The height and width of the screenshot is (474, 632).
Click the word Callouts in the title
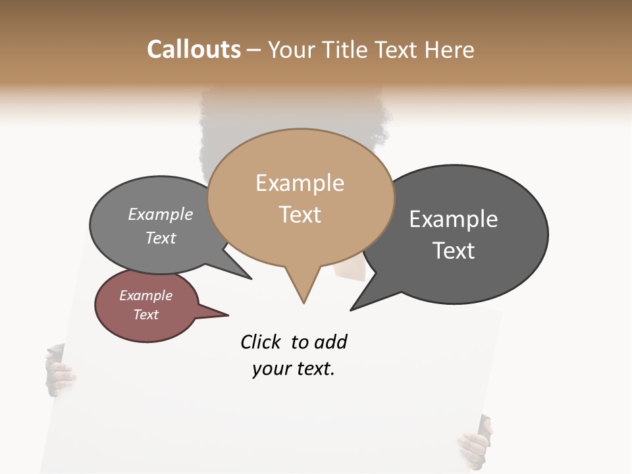[x=194, y=49]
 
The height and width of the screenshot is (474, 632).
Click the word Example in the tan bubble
[x=300, y=183]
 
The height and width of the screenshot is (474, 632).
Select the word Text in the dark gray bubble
[x=454, y=251]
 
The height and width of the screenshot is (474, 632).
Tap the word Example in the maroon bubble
[x=145, y=296]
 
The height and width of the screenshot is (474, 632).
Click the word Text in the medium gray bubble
[x=161, y=238]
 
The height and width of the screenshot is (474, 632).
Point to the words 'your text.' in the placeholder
[x=294, y=369]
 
